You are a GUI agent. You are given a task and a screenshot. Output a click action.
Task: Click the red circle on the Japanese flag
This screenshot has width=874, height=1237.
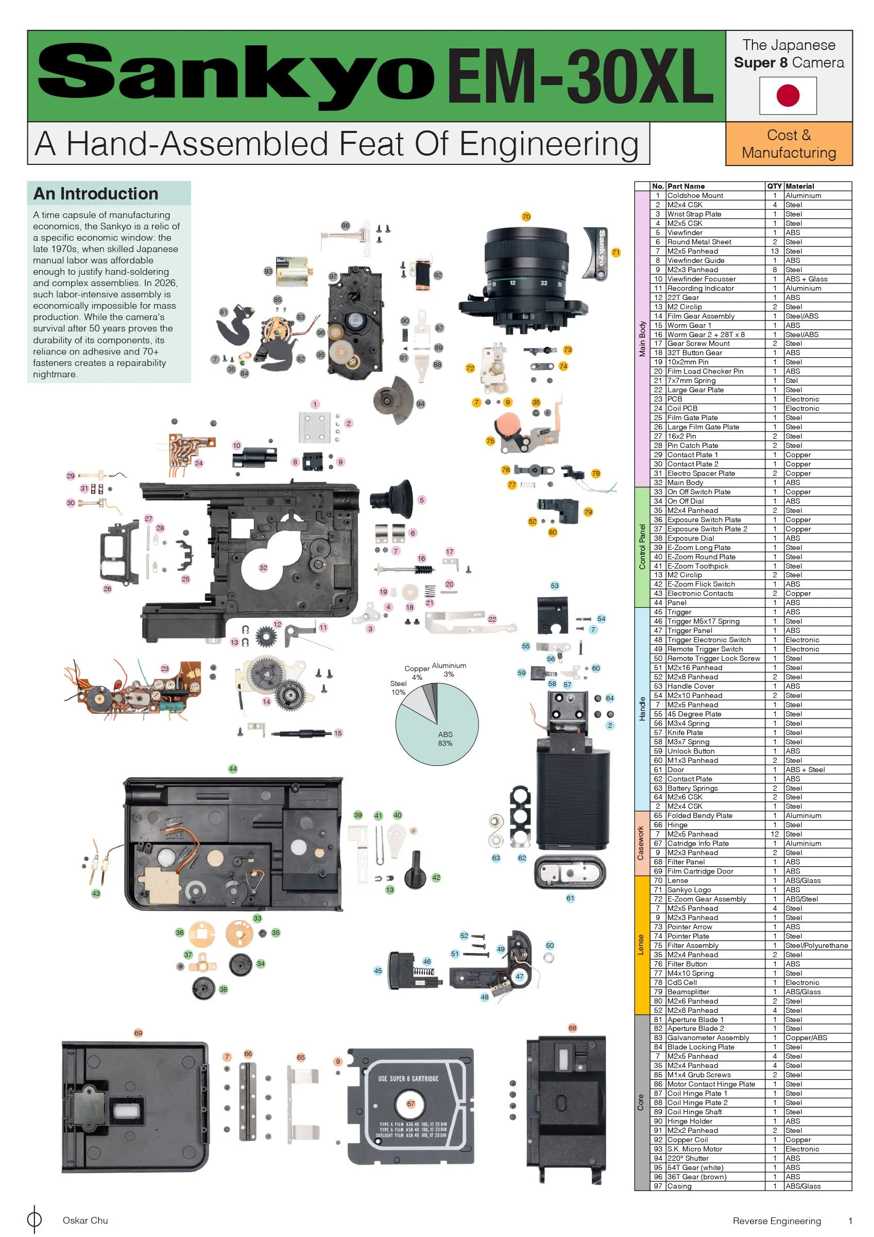click(x=788, y=95)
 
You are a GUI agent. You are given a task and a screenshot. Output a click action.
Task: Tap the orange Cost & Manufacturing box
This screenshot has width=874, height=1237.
click(x=789, y=143)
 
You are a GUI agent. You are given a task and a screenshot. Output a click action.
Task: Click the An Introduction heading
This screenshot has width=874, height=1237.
click(x=96, y=193)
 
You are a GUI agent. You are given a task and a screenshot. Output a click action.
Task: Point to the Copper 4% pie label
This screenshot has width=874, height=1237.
click(x=417, y=673)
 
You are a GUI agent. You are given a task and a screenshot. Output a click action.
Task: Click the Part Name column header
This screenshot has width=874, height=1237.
click(x=686, y=186)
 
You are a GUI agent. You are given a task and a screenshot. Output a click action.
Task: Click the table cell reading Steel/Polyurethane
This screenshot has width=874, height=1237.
click(x=816, y=945)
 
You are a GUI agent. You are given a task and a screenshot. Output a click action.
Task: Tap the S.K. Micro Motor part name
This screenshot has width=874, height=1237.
click(x=695, y=1149)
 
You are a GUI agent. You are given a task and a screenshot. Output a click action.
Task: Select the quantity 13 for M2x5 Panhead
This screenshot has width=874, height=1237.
click(x=775, y=251)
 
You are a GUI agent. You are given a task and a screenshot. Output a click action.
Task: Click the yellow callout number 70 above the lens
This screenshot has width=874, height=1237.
click(x=526, y=216)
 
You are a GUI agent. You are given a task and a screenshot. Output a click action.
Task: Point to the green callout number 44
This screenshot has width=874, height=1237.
click(x=233, y=769)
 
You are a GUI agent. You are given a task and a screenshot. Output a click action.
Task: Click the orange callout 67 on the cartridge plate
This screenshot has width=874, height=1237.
click(x=411, y=1104)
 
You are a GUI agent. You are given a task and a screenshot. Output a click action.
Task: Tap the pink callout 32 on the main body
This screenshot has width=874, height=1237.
click(x=263, y=567)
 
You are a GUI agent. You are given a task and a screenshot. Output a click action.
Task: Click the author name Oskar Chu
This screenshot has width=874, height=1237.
click(x=85, y=1221)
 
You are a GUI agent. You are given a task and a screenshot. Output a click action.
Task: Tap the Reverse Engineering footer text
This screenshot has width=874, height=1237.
click(x=777, y=1221)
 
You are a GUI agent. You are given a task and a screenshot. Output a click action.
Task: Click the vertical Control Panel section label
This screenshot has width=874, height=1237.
click(x=642, y=547)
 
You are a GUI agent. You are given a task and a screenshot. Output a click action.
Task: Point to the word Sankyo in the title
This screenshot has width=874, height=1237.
click(x=236, y=76)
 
